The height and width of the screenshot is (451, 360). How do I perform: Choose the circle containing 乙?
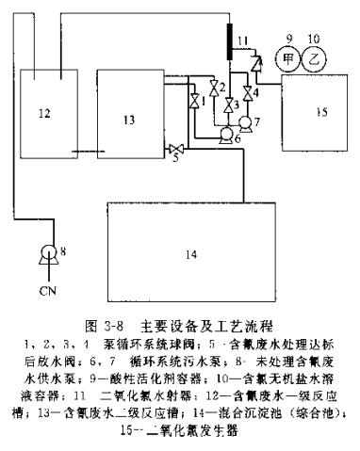coord(321,56)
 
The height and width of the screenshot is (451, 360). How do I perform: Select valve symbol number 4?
coord(248,96)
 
